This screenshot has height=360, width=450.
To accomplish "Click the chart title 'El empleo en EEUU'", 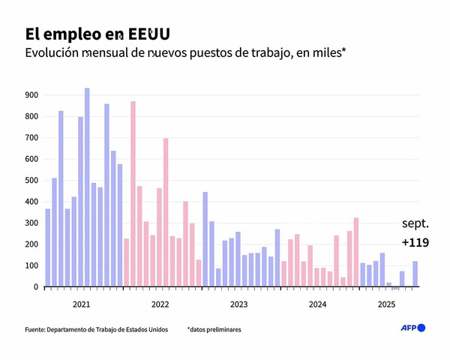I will tap(97, 34).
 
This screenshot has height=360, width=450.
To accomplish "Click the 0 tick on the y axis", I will tap(35, 287).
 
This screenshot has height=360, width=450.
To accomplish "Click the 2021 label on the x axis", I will tap(82, 304).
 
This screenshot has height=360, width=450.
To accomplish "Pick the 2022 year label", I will tap(160, 304).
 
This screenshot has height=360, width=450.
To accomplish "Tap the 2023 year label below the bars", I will tap(238, 304).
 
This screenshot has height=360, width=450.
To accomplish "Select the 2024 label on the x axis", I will tap(317, 304).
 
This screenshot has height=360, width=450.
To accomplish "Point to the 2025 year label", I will tap(386, 304).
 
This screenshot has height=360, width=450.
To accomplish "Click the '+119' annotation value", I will tap(415, 243).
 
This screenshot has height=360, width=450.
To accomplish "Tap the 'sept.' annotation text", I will tap(415, 223).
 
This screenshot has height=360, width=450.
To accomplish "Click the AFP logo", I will tap(411, 328).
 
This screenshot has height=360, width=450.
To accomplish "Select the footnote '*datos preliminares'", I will tap(214, 329).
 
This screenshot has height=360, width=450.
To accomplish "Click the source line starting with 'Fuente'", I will tap(96, 329).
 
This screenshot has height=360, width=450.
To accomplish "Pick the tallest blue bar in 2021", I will tap(87, 187).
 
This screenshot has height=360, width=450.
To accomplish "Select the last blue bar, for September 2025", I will tap(415, 274).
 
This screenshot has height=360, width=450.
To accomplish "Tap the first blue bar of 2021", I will tap(48, 247).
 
